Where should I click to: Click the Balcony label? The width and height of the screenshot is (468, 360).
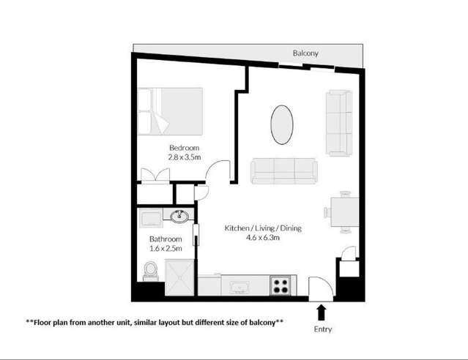pos(305,54)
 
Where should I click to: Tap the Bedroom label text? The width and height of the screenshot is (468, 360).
pos(184,146)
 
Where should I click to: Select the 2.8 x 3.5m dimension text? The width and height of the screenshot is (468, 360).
pos(185,157)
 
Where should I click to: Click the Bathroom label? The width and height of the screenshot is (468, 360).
pos(166,239)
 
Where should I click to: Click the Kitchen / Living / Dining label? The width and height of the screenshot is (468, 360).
pos(262,228)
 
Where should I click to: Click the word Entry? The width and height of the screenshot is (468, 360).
pos(323,329)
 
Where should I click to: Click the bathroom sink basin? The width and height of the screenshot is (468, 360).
pos(179,216)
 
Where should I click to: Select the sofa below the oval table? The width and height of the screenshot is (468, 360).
pos(283,171)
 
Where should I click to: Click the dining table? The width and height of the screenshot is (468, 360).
pos(341,212)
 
